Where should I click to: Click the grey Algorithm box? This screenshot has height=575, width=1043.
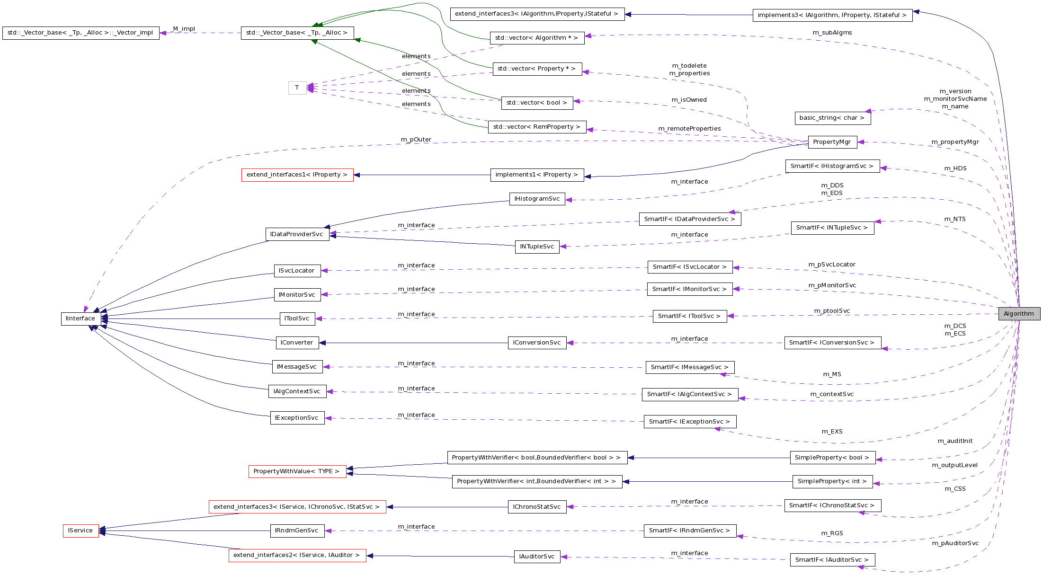[x=1019, y=314]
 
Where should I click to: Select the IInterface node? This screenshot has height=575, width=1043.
[x=80, y=318]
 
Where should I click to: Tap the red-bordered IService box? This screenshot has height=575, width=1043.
[x=80, y=531]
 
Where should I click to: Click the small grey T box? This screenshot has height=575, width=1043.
[x=297, y=88]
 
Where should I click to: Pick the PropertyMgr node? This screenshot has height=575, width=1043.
[x=831, y=142]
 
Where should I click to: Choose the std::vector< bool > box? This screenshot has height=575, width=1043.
[x=536, y=103]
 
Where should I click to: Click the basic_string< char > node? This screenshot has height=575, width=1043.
[x=832, y=118]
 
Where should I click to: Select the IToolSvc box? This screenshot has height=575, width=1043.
[x=297, y=318]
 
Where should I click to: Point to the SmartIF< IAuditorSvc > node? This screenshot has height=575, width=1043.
[x=832, y=560]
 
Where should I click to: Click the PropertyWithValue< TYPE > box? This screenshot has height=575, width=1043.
[x=297, y=471]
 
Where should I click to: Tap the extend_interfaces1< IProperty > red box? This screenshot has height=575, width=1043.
[x=297, y=175]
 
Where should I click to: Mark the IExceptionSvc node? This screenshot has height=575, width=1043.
[x=297, y=418]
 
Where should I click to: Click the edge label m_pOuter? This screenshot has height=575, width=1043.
[x=416, y=140]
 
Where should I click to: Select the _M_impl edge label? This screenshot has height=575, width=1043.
[x=183, y=29]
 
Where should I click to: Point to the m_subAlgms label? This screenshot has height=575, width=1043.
[x=832, y=33]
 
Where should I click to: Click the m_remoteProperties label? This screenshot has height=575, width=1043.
[x=689, y=129]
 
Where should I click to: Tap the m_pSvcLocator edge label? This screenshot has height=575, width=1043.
[x=831, y=265]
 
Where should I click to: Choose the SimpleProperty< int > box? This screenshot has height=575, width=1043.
[x=832, y=481]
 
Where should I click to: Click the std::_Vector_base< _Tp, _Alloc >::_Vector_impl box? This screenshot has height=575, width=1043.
[x=80, y=33]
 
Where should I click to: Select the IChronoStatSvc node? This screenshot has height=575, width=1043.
[x=536, y=507]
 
